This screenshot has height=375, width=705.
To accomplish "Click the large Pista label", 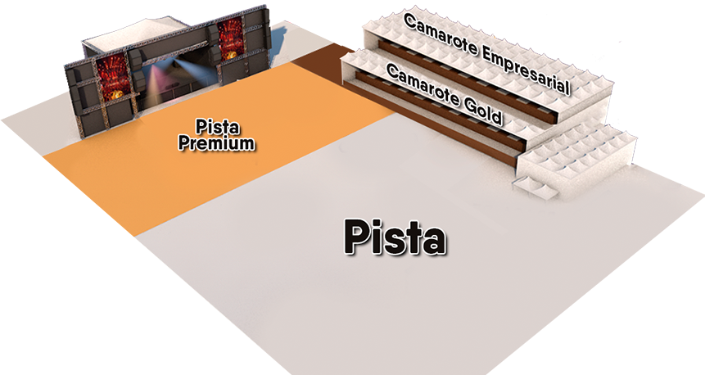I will [x=395, y=237].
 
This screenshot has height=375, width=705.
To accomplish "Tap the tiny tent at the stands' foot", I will [x=536, y=187].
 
